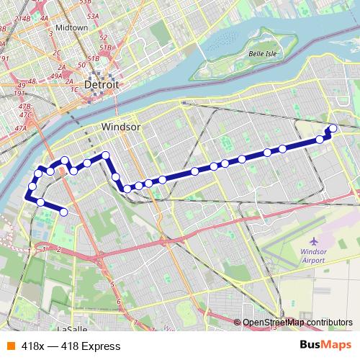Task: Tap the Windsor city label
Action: tap(120, 127)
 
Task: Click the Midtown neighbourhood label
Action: tap(71, 27)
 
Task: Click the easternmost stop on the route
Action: tap(333, 129)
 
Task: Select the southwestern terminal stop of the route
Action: tap(63, 212)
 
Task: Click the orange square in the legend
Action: tap(10, 346)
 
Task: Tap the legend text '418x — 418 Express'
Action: tap(71, 346)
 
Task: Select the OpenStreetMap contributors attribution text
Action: tap(297, 323)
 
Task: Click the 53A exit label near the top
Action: tap(92, 14)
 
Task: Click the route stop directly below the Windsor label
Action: tap(105, 155)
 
